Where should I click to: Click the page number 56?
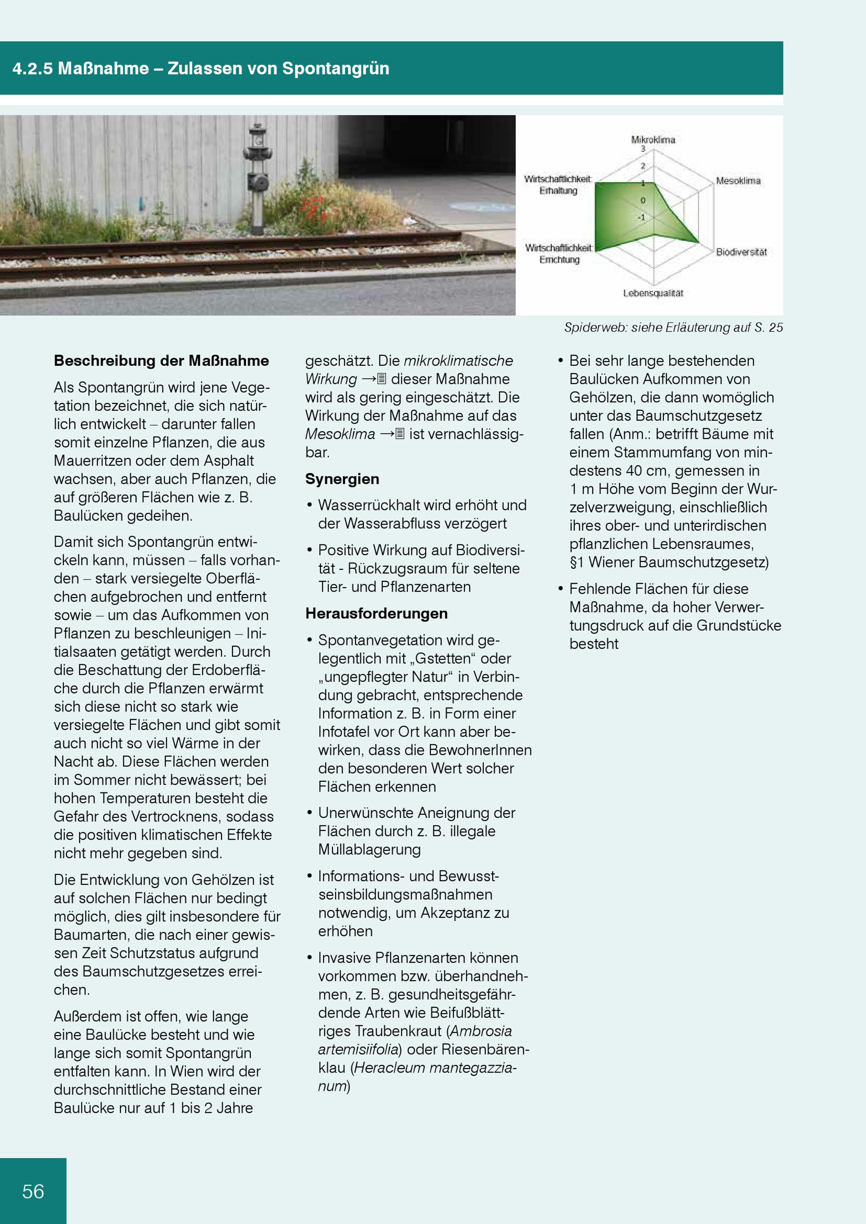coord(33,1192)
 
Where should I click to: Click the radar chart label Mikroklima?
coord(653,140)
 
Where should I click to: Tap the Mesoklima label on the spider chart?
coord(738,181)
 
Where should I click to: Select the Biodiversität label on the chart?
coord(741,251)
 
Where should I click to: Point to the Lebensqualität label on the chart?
coord(653,293)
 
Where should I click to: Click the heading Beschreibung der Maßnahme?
coord(161,361)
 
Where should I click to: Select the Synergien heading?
coord(342,479)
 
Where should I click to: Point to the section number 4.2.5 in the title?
coord(32,68)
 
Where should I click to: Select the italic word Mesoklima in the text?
coord(339,434)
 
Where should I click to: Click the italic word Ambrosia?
coord(481,1031)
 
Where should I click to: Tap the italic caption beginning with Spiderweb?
coord(673,327)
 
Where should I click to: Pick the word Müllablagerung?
coord(369,849)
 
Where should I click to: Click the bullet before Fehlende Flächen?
coord(560,589)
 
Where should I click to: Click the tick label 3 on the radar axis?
coord(643,149)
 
